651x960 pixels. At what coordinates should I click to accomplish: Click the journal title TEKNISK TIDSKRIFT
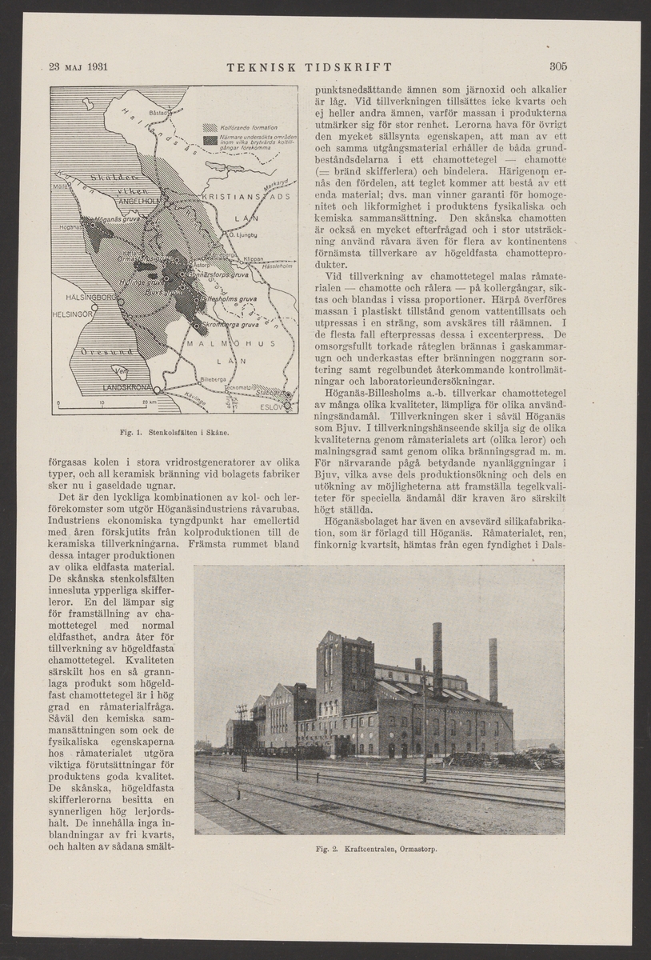tap(309, 66)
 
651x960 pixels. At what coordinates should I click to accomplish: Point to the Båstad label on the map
tap(162, 113)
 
